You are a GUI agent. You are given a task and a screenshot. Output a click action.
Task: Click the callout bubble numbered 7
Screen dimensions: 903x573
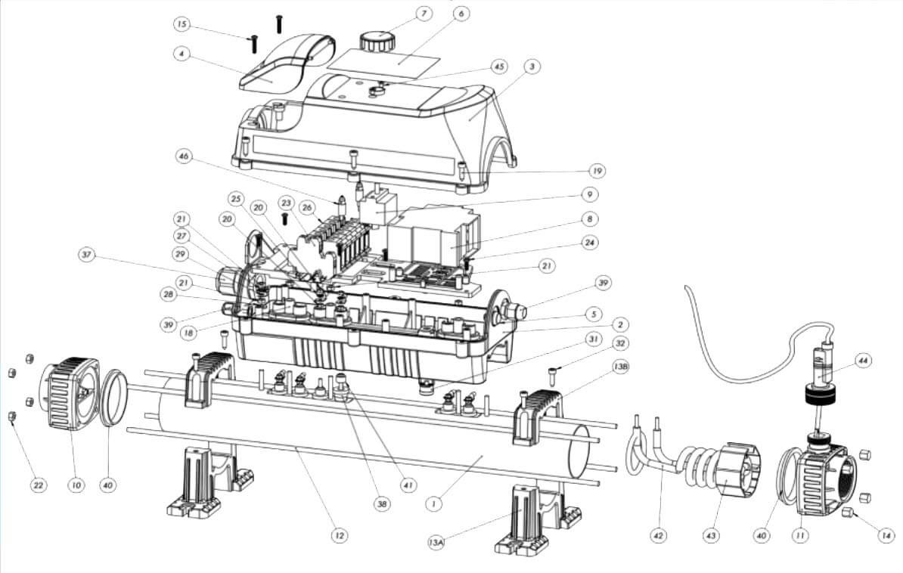click(x=424, y=14)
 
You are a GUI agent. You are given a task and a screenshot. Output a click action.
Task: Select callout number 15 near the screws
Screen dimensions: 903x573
click(x=182, y=24)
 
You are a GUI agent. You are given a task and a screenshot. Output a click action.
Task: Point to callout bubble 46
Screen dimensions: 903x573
click(x=184, y=156)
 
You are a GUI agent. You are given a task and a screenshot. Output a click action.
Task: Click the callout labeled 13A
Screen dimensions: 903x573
click(x=436, y=542)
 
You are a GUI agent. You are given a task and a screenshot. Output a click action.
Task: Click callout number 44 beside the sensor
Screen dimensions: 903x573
click(x=863, y=361)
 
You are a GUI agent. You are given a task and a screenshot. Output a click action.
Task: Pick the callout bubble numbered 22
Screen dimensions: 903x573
click(x=38, y=485)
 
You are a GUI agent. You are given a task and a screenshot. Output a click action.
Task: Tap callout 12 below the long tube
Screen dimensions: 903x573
click(x=340, y=535)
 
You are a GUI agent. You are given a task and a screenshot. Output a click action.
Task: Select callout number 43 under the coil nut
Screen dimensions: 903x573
click(x=711, y=535)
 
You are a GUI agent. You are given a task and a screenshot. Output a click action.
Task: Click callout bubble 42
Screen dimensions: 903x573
click(x=658, y=535)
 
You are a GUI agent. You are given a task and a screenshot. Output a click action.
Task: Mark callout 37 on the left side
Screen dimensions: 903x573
click(x=87, y=255)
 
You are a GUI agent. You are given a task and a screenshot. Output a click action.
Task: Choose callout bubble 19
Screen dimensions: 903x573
click(x=597, y=171)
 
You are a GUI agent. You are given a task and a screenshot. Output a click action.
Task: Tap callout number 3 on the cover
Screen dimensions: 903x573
click(x=532, y=67)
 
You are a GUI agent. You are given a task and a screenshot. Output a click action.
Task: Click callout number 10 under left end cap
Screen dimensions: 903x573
click(x=76, y=485)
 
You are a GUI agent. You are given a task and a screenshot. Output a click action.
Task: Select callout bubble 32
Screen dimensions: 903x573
click(x=619, y=344)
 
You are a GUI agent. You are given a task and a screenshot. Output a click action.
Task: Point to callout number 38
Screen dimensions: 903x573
click(x=381, y=504)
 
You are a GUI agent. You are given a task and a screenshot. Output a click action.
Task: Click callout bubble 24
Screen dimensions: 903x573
click(x=589, y=243)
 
